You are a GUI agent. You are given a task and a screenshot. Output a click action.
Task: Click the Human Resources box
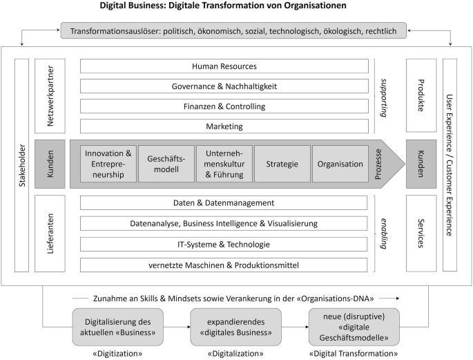coord(224,66)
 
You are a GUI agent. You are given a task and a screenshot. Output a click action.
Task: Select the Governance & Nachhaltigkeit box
coord(224,86)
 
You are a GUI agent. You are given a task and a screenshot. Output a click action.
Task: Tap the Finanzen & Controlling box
coord(224,106)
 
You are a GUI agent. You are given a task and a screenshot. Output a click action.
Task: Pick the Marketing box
coord(224,126)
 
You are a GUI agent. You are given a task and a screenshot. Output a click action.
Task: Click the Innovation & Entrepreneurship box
coord(108,164)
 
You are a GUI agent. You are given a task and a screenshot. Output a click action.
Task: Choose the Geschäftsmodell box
coord(166,164)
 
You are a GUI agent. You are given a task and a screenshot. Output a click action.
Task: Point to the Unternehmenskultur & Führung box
coord(224,164)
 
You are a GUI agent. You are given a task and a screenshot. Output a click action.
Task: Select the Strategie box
coord(282,164)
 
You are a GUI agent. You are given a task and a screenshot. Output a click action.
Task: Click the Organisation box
coord(340,164)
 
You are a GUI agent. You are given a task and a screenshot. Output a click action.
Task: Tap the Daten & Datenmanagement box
coord(224,203)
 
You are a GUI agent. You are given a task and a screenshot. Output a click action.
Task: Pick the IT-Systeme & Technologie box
coord(224,245)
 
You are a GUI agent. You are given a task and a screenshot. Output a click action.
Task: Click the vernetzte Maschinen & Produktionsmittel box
coord(224,265)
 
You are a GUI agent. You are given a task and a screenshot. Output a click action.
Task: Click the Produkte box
coord(421,96)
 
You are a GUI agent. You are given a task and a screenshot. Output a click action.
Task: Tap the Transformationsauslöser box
coord(233,30)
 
